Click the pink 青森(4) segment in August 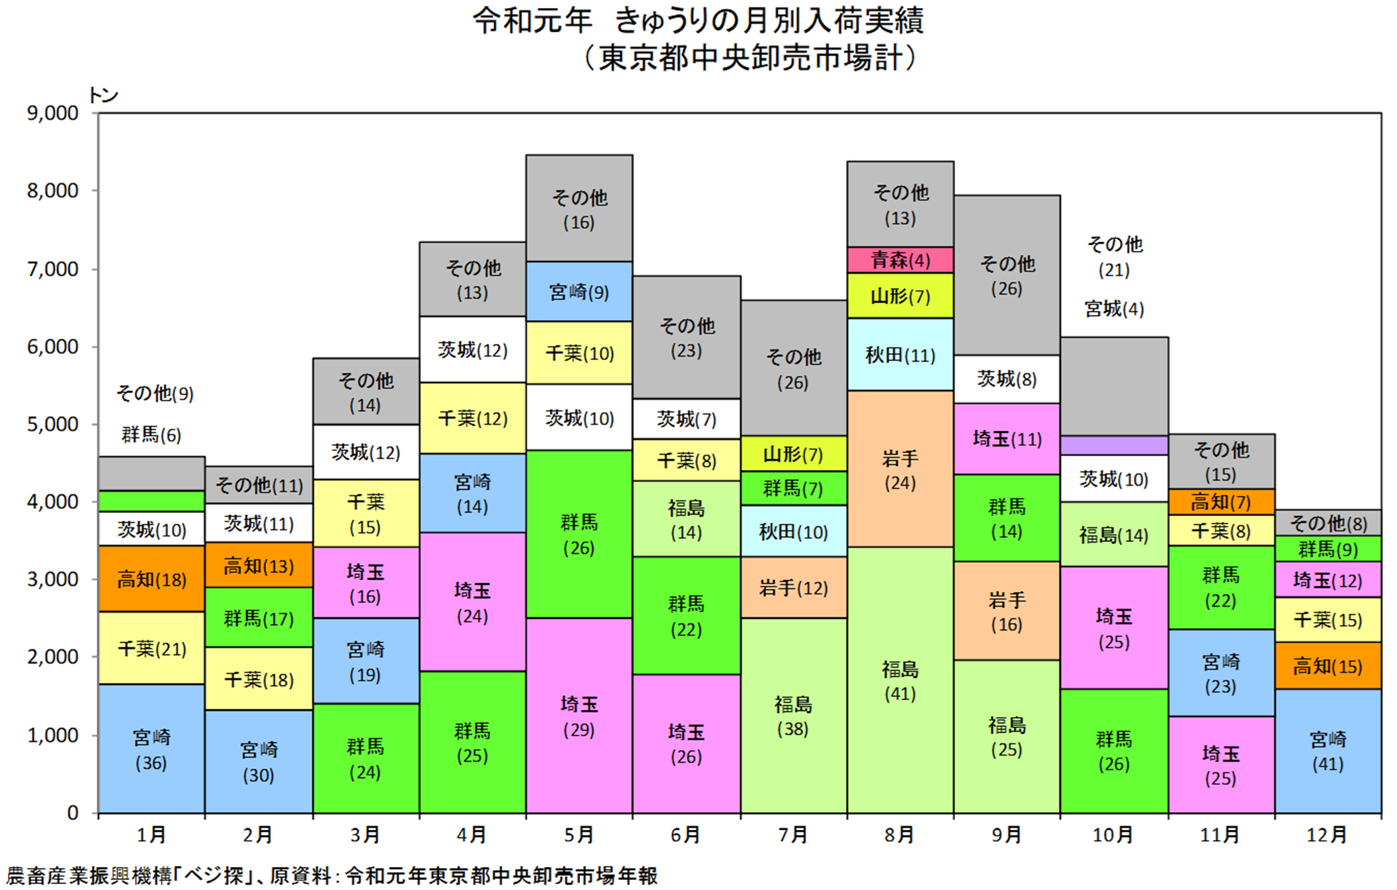(x=900, y=260)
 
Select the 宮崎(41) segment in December (x=1328, y=751)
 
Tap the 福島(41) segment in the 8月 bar (x=900, y=680)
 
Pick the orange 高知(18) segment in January (x=151, y=579)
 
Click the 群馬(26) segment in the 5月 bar (x=579, y=535)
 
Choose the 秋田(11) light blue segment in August (x=900, y=355)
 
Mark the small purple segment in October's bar (x=1115, y=445)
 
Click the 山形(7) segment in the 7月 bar (x=794, y=454)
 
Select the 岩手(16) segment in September (x=1007, y=611)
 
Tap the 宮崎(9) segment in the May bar (x=579, y=292)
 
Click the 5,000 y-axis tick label (x=53, y=424)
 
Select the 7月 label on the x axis (x=793, y=835)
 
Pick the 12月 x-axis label (x=1327, y=835)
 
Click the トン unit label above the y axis (x=103, y=95)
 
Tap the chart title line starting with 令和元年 (x=698, y=21)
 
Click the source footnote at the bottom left (x=332, y=875)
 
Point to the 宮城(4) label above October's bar (x=1115, y=309)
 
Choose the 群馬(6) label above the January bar (x=151, y=435)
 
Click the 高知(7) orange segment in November (x=1221, y=502)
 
